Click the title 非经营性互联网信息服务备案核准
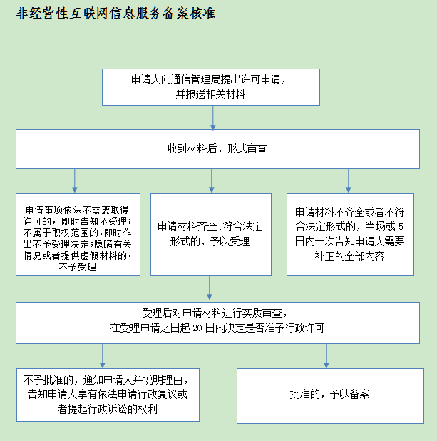[115, 14]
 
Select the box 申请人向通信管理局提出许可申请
[211, 87]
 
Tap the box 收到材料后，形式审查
[218, 149]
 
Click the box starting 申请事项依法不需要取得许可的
[78, 235]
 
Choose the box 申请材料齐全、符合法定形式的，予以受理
[211, 235]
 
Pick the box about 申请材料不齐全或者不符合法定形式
[350, 235]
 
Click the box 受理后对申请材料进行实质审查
[218, 323]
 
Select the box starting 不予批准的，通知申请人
[108, 395]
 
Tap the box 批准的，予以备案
[330, 396]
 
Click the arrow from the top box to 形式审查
[213, 118]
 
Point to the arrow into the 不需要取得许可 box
[74, 181]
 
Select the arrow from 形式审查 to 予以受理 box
[212, 181]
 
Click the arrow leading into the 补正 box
[349, 181]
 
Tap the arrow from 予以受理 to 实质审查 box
[210, 288]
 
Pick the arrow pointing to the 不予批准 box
[102, 356]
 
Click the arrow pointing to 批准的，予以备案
[327, 356]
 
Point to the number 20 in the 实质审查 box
[197, 328]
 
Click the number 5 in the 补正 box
[401, 227]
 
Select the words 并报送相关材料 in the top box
[210, 94]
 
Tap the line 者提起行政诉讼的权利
[107, 409]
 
